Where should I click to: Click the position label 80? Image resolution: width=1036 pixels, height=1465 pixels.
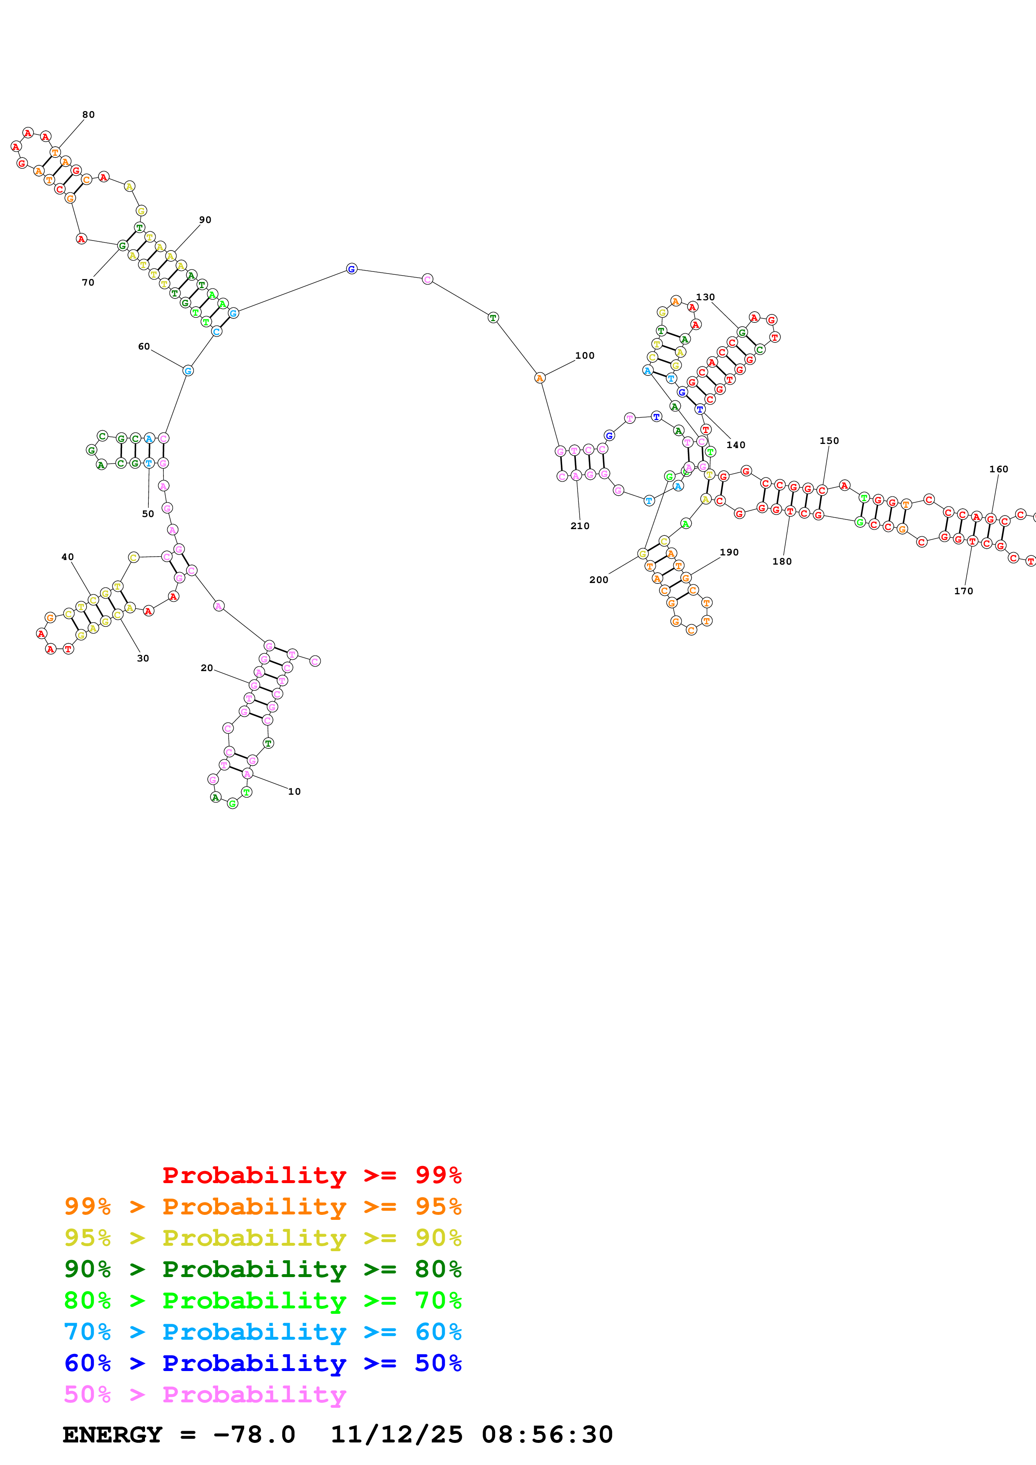click(88, 115)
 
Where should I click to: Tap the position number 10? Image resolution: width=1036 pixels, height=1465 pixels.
click(294, 792)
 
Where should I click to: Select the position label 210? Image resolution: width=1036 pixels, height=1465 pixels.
click(580, 526)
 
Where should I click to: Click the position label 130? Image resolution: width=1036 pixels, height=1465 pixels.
click(705, 297)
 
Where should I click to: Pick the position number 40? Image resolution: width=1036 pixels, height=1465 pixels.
click(68, 557)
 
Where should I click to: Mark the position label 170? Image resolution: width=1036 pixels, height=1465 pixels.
click(963, 591)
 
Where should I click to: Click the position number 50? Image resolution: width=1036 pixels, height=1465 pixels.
click(148, 514)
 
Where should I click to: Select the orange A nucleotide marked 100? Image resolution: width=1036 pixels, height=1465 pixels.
click(540, 378)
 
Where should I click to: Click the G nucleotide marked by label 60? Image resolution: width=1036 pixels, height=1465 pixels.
click(188, 371)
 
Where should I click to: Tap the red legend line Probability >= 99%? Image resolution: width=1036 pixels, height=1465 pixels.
click(311, 1175)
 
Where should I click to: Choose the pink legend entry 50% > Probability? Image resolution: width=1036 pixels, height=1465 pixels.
click(205, 1395)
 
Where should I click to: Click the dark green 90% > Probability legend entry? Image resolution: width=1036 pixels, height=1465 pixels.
click(262, 1269)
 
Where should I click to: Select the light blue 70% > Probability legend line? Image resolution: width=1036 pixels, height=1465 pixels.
click(262, 1332)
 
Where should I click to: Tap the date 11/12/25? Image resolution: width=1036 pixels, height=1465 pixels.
click(397, 1435)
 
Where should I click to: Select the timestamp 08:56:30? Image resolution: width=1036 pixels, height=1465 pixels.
click(547, 1435)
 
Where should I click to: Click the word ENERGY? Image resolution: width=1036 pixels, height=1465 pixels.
click(112, 1435)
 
